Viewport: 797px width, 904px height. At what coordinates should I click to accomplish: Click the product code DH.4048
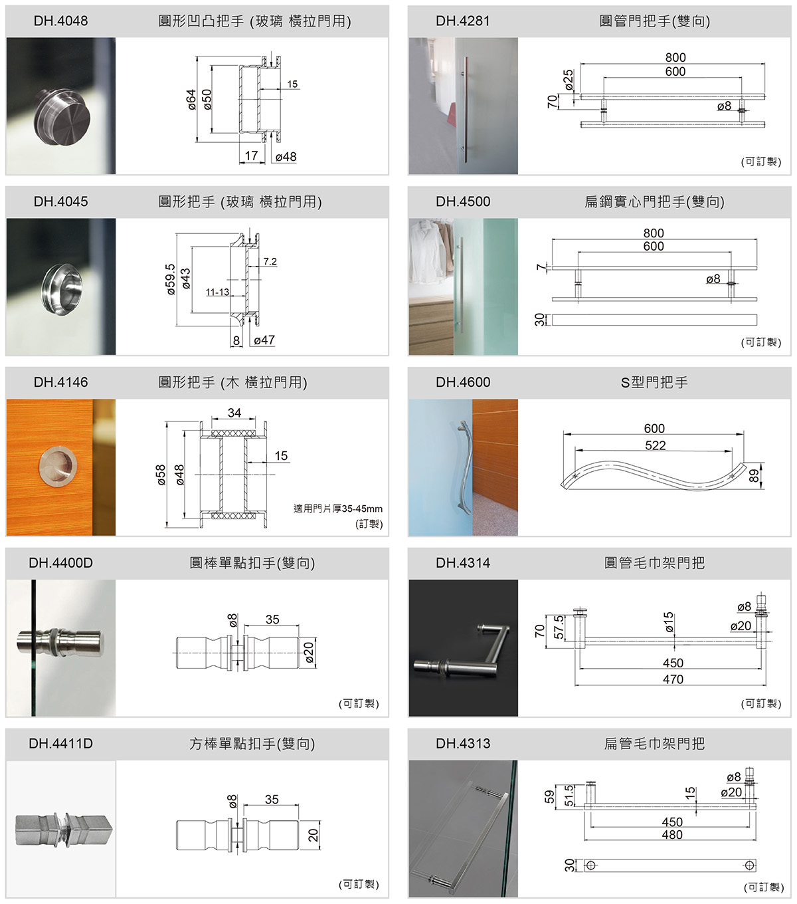[60, 21]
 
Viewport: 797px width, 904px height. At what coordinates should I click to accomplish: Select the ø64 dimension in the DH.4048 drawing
[191, 99]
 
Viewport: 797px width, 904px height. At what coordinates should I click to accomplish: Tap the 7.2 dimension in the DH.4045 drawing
[270, 261]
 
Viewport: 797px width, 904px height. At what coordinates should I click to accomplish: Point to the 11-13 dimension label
[217, 292]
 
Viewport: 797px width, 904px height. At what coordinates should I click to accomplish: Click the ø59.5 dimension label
[171, 279]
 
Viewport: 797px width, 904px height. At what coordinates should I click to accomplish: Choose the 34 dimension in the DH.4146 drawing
[234, 413]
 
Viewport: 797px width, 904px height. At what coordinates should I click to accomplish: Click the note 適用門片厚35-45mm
[338, 508]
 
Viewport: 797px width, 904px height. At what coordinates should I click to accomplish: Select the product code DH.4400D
[60, 562]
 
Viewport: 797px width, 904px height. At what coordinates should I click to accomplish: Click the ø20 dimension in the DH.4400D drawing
[309, 652]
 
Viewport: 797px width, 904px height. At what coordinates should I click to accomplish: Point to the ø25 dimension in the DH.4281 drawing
[568, 80]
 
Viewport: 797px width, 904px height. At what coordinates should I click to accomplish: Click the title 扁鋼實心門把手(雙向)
[654, 202]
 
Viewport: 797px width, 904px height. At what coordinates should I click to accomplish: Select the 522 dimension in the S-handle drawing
[655, 445]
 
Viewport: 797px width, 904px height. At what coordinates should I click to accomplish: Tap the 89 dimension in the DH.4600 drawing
[754, 476]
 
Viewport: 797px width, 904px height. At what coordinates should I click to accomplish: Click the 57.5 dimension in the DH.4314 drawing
[559, 627]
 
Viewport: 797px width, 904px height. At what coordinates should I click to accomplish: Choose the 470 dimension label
[673, 679]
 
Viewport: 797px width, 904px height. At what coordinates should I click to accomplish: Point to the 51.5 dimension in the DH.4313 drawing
[569, 796]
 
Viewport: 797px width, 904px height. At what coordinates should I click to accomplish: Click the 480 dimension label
[672, 835]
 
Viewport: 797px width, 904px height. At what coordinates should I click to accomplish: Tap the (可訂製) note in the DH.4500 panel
[761, 342]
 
